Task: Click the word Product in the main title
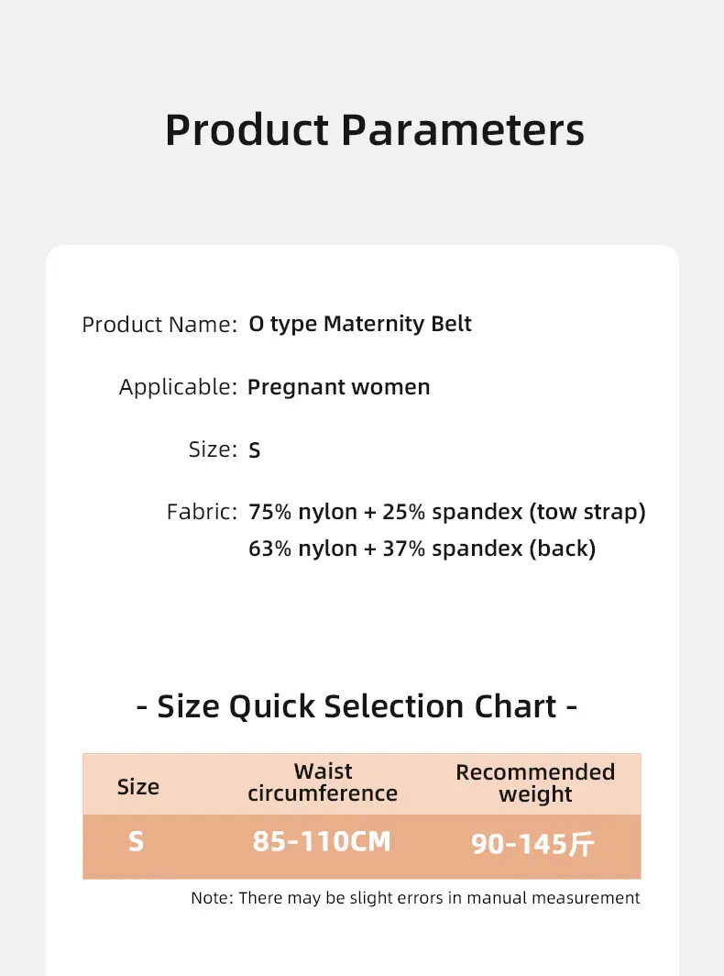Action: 247,129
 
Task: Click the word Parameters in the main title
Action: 464,129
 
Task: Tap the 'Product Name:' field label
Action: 159,325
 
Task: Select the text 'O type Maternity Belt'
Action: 360,325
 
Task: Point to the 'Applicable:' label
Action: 179,387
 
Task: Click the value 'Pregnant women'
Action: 339,387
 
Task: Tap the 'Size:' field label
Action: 214,449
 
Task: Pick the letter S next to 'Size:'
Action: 255,450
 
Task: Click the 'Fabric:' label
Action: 203,512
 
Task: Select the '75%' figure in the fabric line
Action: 270,512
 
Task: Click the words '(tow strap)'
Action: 587,512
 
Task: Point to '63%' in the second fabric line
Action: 270,549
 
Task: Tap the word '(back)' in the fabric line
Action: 563,549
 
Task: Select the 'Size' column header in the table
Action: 138,787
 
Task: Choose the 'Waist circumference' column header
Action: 323,782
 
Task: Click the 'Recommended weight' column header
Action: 535,783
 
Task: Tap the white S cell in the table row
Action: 137,841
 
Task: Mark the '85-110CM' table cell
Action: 322,841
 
